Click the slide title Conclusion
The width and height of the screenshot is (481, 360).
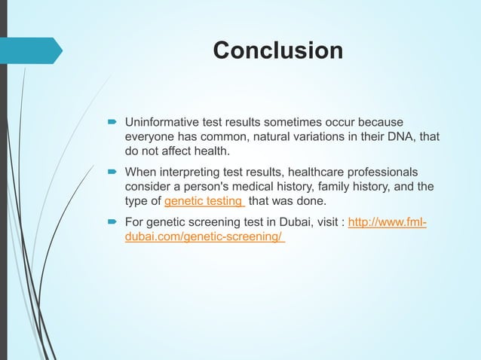(x=277, y=50)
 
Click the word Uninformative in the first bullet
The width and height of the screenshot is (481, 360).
(x=161, y=121)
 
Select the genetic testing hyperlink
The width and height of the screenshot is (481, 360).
(x=204, y=201)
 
